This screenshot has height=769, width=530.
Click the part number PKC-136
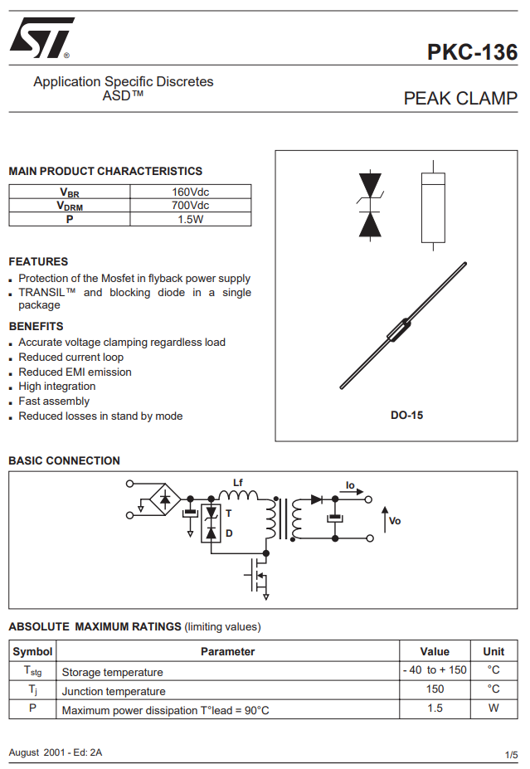[x=472, y=52]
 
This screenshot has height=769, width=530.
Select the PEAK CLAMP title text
[x=459, y=99]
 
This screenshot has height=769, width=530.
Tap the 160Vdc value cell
[x=190, y=192]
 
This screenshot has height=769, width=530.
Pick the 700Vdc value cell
[x=190, y=206]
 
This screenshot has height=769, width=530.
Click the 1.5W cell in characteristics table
[x=190, y=220]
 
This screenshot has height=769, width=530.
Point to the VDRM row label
[x=70, y=206]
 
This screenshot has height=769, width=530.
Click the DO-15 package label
[x=406, y=415]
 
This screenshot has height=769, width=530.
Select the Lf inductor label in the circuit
[x=238, y=483]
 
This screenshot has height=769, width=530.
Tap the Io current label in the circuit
[x=350, y=484]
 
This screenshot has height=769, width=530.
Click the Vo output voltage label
[x=395, y=520]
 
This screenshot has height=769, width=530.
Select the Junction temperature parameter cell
[x=114, y=691]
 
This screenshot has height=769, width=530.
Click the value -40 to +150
[x=435, y=670]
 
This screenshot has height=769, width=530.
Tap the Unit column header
[x=494, y=651]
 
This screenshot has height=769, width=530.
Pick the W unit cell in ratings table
[x=494, y=708]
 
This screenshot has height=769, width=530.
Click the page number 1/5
[x=511, y=754]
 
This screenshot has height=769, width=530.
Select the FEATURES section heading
[x=38, y=261]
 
